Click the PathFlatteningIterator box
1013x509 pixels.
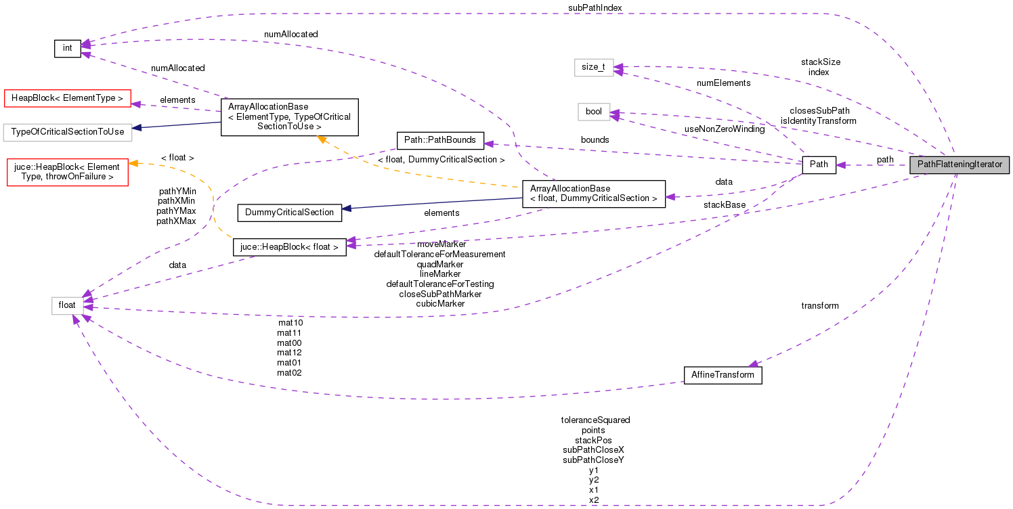[x=960, y=165]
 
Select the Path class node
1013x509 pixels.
[x=819, y=165]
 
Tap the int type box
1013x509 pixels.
[x=68, y=48]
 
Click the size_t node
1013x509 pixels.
[x=594, y=67]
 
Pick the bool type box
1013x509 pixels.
[x=594, y=112]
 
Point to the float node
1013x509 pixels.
[x=68, y=305]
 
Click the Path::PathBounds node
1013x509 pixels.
[x=440, y=141]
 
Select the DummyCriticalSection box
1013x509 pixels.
[x=289, y=213]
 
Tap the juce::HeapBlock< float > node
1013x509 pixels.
[x=290, y=247]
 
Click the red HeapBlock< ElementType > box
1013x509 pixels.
[x=67, y=98]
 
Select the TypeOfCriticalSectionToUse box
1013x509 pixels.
[x=67, y=131]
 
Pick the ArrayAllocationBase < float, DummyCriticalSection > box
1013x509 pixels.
[x=593, y=194]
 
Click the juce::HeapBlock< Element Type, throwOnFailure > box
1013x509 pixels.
[x=66, y=172]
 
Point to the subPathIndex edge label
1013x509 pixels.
[x=595, y=7]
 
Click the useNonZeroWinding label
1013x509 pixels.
[x=724, y=129]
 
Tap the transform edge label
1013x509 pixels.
[x=819, y=306]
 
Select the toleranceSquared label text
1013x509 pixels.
[x=595, y=420]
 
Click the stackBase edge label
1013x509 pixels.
[x=724, y=204]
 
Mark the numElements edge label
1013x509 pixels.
[x=723, y=83]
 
